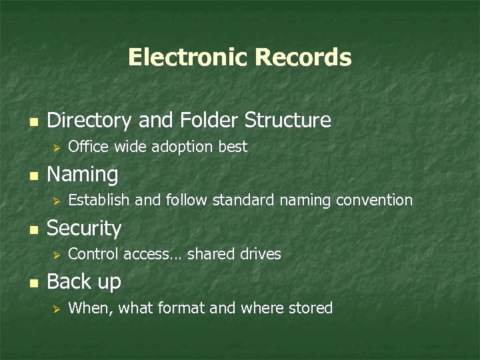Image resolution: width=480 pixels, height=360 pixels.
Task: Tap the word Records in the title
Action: [x=303, y=57]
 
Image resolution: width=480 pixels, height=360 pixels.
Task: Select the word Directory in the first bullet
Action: [x=89, y=120]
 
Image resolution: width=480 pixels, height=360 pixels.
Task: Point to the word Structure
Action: [x=288, y=120]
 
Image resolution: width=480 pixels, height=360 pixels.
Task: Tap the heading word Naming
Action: [x=83, y=175]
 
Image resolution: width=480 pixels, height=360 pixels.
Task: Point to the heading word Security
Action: [x=84, y=229]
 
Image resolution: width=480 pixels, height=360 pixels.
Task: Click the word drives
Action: [x=261, y=254]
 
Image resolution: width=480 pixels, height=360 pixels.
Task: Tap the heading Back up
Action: [x=84, y=282]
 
